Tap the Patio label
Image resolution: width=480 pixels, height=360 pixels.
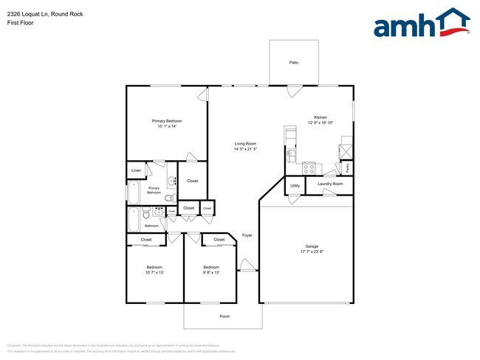[x=294, y=63]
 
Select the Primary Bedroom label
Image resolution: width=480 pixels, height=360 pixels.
[x=167, y=121]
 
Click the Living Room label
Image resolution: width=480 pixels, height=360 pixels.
[x=245, y=144]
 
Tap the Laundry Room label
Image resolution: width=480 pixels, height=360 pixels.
[x=330, y=184]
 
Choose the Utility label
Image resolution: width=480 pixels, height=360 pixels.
[x=295, y=186]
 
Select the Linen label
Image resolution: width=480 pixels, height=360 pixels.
[x=136, y=171]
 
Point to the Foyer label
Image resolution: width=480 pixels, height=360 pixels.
[x=247, y=235]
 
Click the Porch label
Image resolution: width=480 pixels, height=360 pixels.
[x=224, y=316]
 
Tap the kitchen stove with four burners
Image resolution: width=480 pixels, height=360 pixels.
[x=309, y=167]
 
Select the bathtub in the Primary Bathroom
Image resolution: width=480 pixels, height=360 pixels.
[x=134, y=193]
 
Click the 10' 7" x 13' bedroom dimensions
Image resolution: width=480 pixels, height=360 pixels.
[x=154, y=272]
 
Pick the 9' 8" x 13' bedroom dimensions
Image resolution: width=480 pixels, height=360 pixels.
[x=211, y=272]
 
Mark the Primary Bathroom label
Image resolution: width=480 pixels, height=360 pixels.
[x=154, y=190]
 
